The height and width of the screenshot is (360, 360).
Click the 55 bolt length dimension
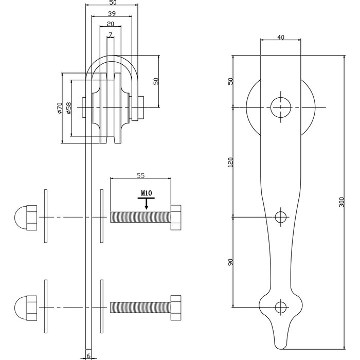coord(140,175)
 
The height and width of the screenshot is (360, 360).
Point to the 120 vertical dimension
coord(230,162)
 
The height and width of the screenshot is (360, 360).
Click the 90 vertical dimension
coord(230,262)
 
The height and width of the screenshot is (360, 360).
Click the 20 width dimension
coord(111,24)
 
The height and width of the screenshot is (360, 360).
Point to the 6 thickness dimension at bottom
coord(88,355)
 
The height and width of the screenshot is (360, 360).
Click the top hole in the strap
coord(280,107)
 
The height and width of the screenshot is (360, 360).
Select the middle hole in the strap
coord(280,217)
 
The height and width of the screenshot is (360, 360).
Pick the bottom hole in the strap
coord(280,307)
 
